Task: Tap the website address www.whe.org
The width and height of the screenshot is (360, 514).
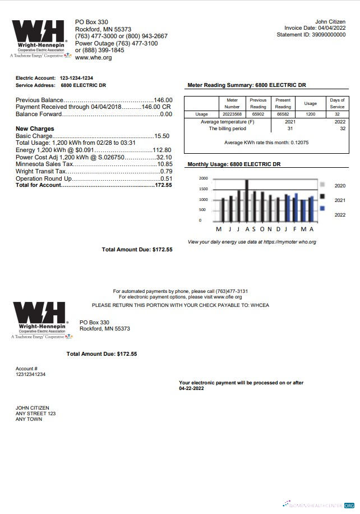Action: click(x=93, y=58)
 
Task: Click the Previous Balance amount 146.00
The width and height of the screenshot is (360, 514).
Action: click(x=163, y=100)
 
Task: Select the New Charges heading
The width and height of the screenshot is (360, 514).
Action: click(x=35, y=129)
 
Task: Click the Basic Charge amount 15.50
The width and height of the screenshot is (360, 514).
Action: click(x=162, y=136)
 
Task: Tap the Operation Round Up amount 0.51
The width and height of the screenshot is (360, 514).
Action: click(x=166, y=178)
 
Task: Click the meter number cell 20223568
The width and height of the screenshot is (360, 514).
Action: click(x=232, y=114)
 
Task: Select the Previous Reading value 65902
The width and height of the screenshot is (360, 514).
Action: click(x=258, y=114)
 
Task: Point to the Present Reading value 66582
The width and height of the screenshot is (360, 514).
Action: click(x=283, y=114)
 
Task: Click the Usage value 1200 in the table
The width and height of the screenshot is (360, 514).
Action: click(x=310, y=114)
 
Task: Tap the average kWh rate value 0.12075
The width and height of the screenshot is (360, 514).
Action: click(x=299, y=143)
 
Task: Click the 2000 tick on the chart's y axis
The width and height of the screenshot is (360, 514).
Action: click(x=204, y=178)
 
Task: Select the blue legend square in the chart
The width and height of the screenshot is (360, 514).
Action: click(x=322, y=208)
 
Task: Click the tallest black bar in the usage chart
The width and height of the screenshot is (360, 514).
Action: click(x=247, y=200)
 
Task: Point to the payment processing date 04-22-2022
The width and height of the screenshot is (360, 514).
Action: click(x=192, y=388)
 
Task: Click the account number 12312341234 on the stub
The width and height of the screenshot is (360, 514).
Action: click(x=31, y=374)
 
